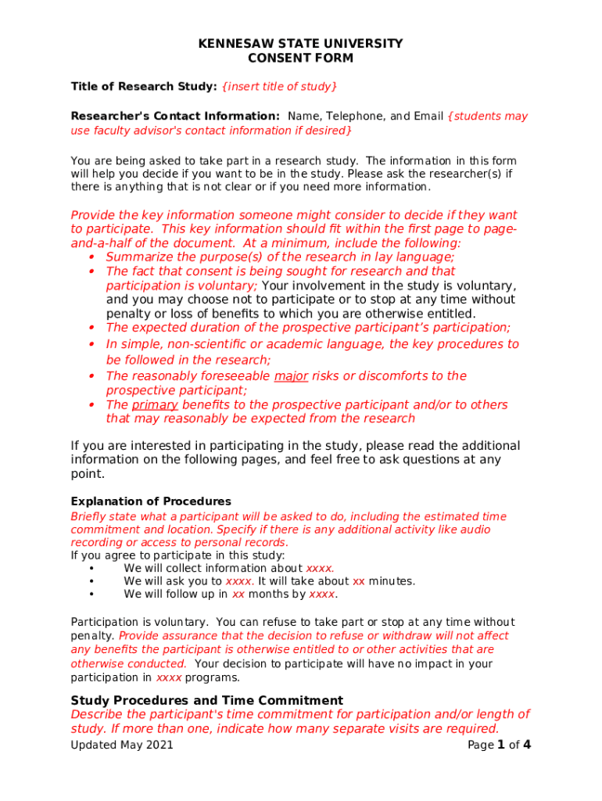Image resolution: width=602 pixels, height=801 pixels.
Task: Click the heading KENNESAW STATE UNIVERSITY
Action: point(300,44)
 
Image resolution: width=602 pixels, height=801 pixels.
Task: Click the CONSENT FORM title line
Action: point(300,58)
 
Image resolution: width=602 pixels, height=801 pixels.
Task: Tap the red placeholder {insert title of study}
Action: point(280,86)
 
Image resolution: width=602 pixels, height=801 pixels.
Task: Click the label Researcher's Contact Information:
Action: point(175,117)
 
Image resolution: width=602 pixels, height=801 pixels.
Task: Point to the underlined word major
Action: point(291,376)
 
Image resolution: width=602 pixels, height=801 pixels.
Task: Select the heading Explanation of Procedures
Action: point(151,501)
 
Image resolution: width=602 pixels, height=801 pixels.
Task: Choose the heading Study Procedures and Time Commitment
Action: point(206,700)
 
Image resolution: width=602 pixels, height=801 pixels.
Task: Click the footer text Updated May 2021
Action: point(122,745)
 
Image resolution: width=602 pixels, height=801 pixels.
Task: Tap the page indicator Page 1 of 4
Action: point(499,745)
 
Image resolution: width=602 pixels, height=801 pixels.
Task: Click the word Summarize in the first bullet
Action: point(138,257)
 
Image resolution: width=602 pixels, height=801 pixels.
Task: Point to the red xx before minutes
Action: point(359,581)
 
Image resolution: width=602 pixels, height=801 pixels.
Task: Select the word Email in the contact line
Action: point(429,117)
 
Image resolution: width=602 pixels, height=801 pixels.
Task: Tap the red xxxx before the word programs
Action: point(169,677)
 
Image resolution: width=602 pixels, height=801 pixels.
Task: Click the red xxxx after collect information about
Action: point(320,569)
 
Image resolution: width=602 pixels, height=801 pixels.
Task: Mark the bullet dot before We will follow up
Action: point(92,594)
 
